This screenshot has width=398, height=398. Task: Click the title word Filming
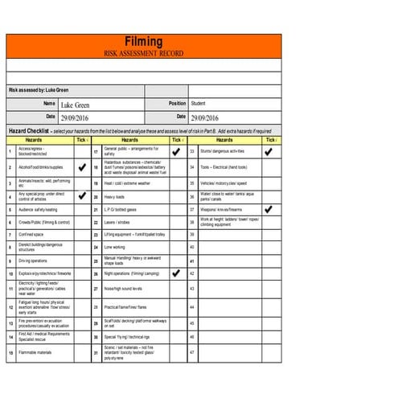coord(144,42)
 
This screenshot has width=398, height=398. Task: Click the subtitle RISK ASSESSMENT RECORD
coord(144,52)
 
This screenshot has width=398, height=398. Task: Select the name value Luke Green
coord(76,105)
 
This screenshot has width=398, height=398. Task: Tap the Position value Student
coord(199,103)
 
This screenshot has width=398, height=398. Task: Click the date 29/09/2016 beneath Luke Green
coord(77,118)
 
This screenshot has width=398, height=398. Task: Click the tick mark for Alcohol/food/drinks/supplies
coord(81,167)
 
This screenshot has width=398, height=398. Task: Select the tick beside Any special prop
coord(81,195)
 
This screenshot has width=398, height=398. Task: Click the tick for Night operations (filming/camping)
coord(176,273)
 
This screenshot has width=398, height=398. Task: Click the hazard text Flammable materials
coord(35,352)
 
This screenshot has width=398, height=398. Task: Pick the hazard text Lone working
coord(114,247)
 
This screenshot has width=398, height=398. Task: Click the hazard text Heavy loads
coord(114,196)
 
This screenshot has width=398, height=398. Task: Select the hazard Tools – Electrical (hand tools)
coord(224,167)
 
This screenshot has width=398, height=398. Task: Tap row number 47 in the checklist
coord(191,352)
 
